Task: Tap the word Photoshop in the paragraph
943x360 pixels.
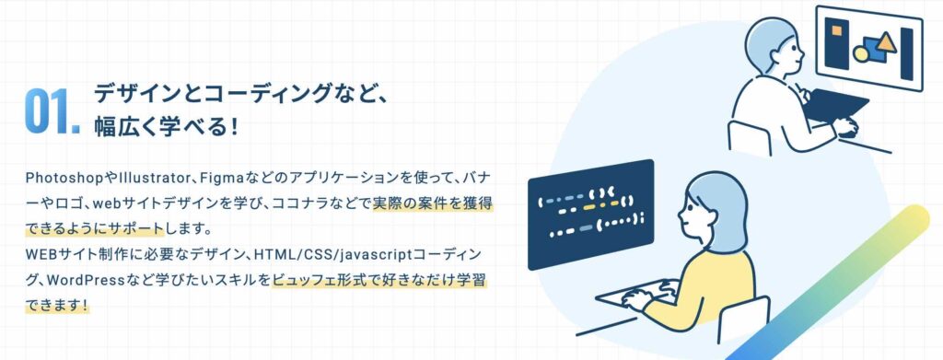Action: coord(59,176)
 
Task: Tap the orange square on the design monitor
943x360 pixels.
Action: coord(835,31)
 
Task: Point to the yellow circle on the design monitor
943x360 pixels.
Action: coord(860,53)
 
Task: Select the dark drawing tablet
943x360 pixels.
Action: coord(834,108)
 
